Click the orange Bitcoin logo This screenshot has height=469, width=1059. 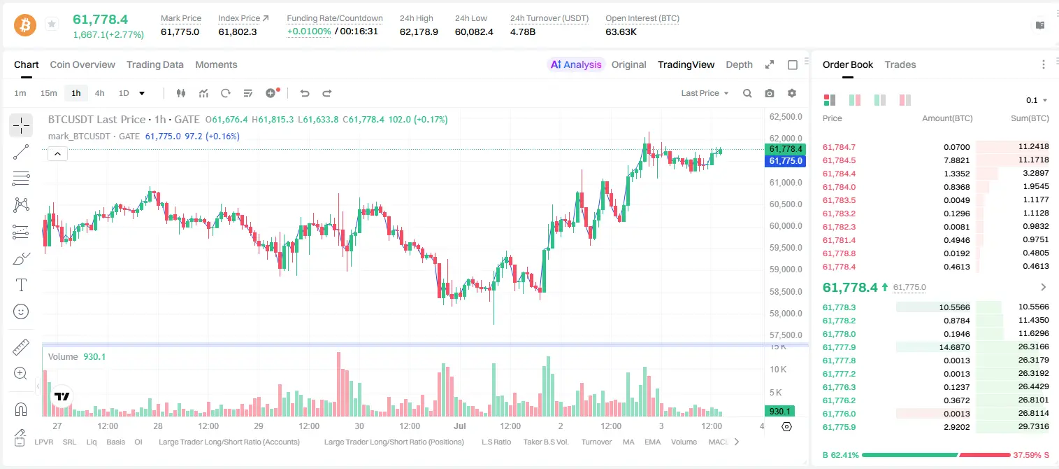(x=25, y=24)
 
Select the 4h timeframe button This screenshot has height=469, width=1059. (x=99, y=93)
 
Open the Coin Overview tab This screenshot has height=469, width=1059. (x=82, y=65)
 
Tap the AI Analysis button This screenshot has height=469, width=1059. (x=576, y=65)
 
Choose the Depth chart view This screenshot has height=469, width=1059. (x=739, y=65)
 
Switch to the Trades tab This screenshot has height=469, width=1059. (x=900, y=65)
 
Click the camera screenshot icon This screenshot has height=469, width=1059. (x=770, y=93)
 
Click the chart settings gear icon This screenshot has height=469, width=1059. (x=792, y=93)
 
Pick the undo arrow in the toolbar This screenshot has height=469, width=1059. (x=305, y=93)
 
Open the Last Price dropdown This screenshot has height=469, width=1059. (x=705, y=93)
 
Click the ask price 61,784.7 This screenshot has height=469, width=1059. (x=840, y=147)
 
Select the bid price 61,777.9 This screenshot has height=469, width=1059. (x=840, y=347)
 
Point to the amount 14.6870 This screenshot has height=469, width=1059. (x=954, y=347)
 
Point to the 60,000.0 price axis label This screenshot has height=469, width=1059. (x=786, y=226)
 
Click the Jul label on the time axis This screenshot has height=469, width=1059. (x=459, y=426)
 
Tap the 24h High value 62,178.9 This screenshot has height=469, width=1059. (x=419, y=31)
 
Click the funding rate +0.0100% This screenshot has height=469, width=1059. (x=309, y=31)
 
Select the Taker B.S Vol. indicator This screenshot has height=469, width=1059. (x=545, y=442)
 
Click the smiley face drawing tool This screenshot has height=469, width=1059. (x=21, y=311)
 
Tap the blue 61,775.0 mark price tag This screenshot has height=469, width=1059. (x=785, y=161)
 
